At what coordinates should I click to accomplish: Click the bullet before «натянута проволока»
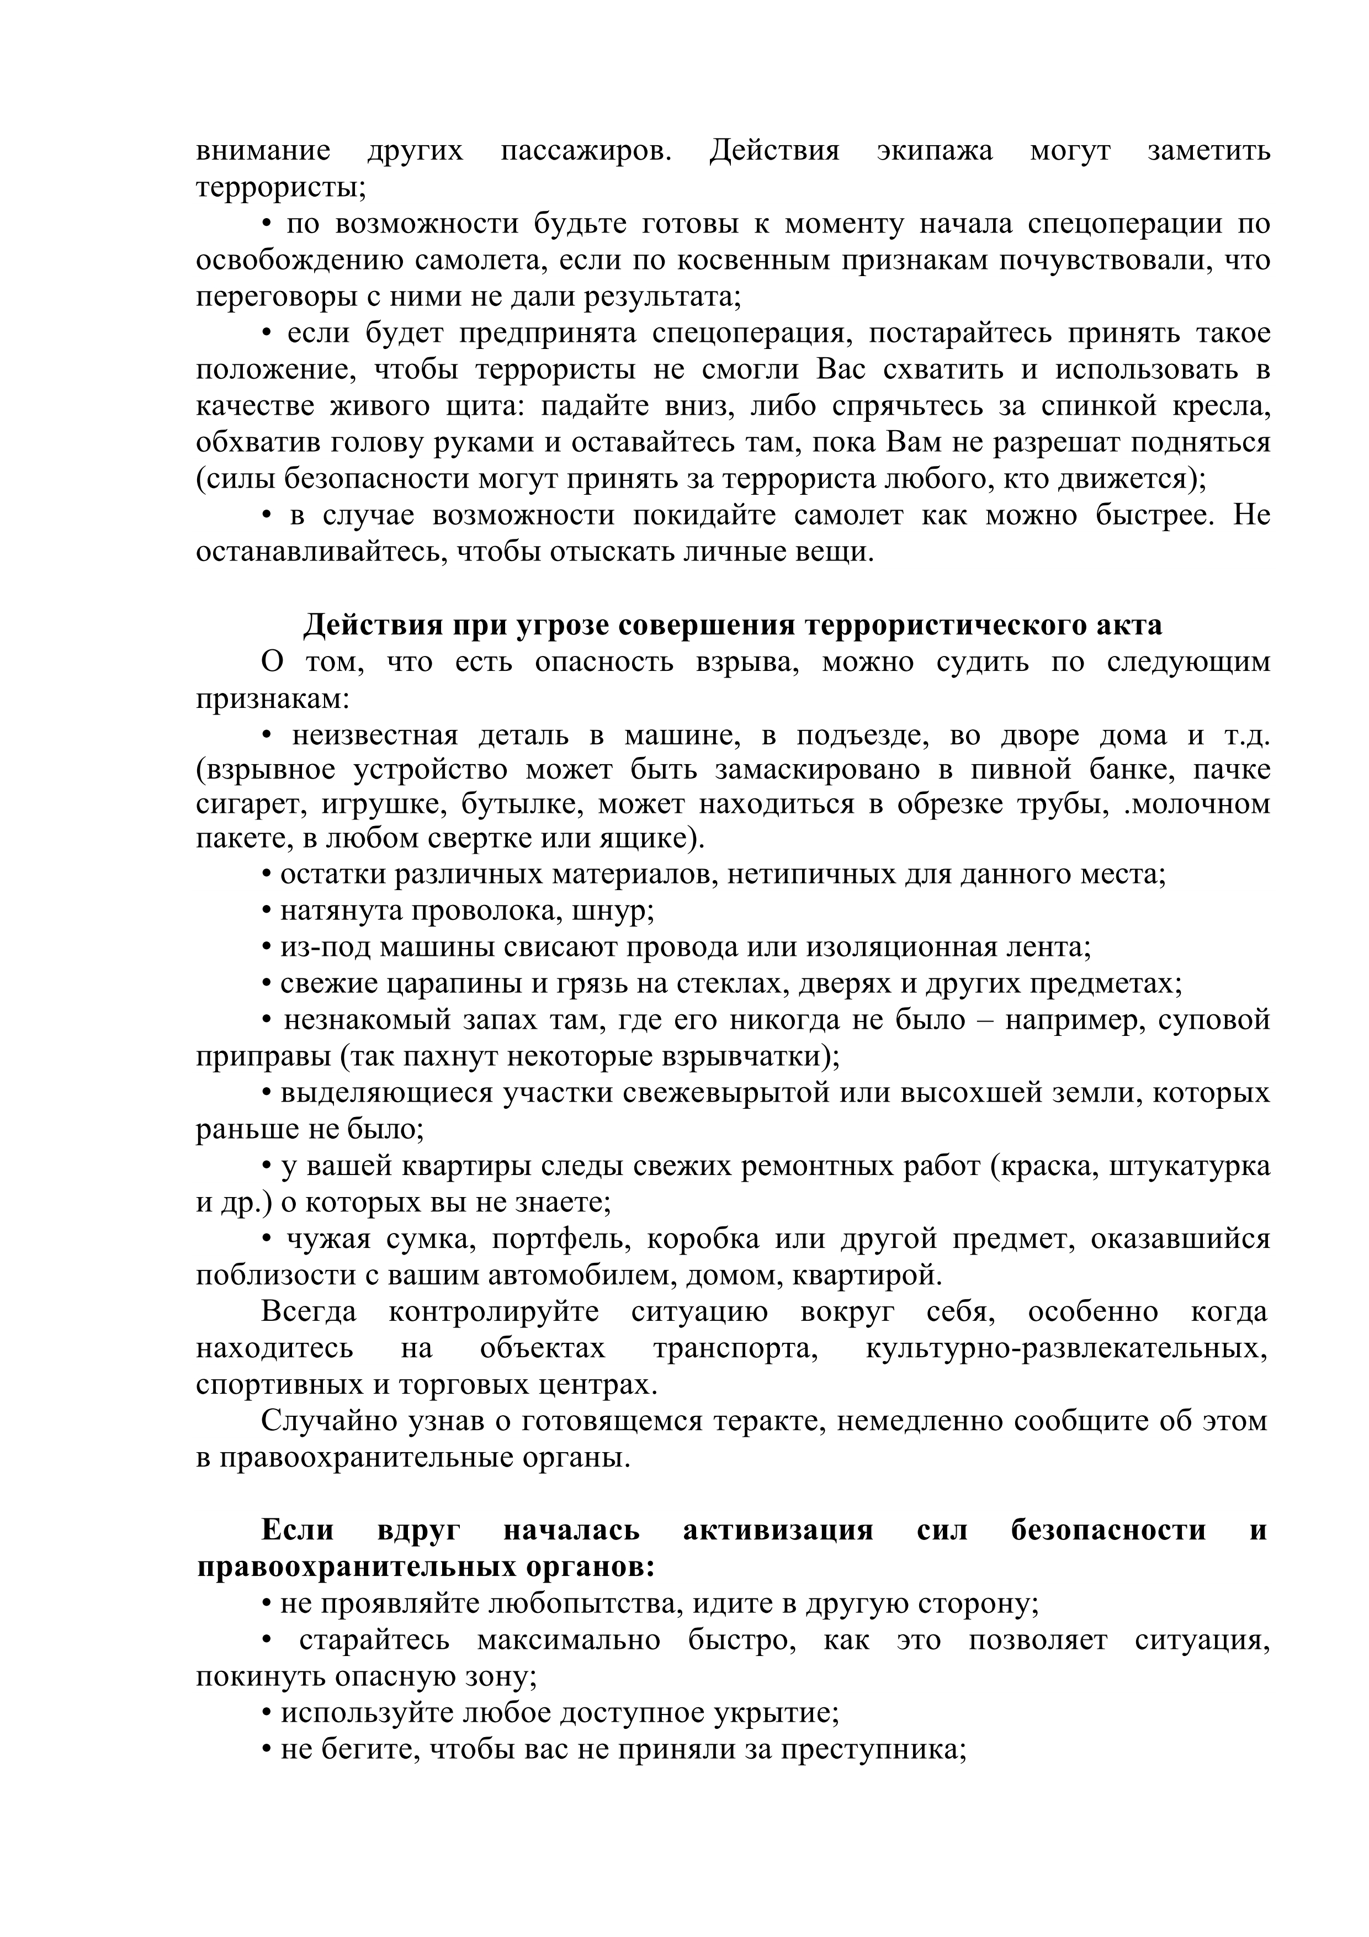tap(267, 913)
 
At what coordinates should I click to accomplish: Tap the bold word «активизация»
tap(778, 1531)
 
